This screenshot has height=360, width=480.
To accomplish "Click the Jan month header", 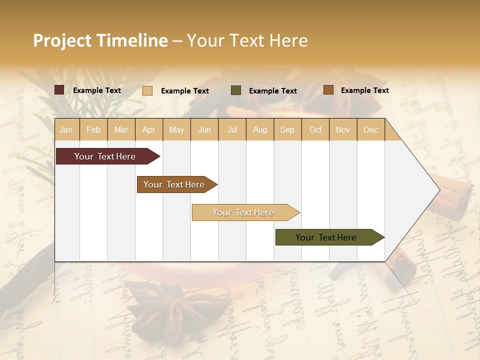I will [x=66, y=129].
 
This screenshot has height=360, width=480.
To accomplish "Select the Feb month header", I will [x=93, y=129].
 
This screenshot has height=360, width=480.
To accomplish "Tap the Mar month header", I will [x=121, y=129].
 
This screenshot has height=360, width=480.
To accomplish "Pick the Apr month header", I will [x=149, y=129].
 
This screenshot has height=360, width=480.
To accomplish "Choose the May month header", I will [x=176, y=129].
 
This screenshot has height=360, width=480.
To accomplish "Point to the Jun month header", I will [x=204, y=129].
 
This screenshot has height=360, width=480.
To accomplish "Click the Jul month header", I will [x=232, y=129].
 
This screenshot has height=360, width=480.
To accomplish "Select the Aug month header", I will [x=260, y=129].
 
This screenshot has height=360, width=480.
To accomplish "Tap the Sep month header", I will [x=287, y=129].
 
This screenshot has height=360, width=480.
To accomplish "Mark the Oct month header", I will [x=315, y=129].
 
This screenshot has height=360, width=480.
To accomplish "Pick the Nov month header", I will [x=343, y=129].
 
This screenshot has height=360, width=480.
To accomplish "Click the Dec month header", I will [x=371, y=129].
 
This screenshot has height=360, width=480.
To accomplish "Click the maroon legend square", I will [x=59, y=90].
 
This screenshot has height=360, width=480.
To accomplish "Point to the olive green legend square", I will [x=236, y=90].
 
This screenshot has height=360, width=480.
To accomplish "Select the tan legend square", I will [x=147, y=90].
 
